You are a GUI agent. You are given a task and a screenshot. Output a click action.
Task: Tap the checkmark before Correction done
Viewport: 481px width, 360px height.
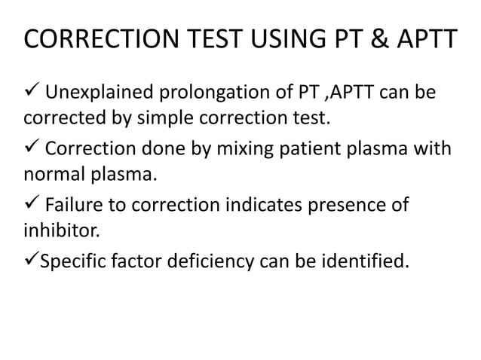pyautogui.click(x=32, y=149)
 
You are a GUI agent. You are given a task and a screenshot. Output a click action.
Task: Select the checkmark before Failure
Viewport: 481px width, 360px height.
pyautogui.click(x=32, y=205)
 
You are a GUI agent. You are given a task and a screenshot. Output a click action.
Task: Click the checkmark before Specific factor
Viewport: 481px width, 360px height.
pyautogui.click(x=32, y=261)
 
